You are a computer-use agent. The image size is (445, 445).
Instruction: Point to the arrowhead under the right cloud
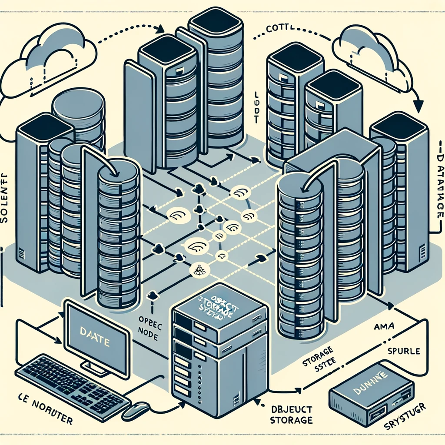pos(418,107)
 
